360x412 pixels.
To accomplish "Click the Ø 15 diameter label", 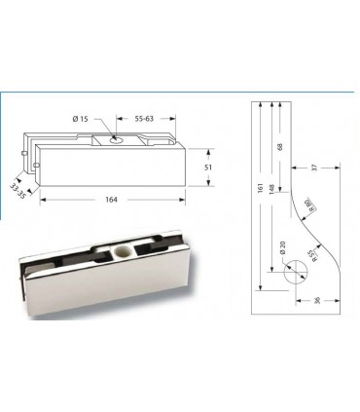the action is click(81, 119).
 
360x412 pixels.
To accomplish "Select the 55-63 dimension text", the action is click(144, 119).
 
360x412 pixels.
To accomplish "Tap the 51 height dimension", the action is click(208, 168).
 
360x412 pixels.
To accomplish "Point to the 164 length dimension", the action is click(111, 200).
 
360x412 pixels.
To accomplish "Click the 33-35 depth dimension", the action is click(18, 192).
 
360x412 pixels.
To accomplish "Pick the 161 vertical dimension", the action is click(260, 188).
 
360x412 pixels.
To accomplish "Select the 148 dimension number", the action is click(271, 189).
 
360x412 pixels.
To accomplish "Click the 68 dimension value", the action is click(280, 147).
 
